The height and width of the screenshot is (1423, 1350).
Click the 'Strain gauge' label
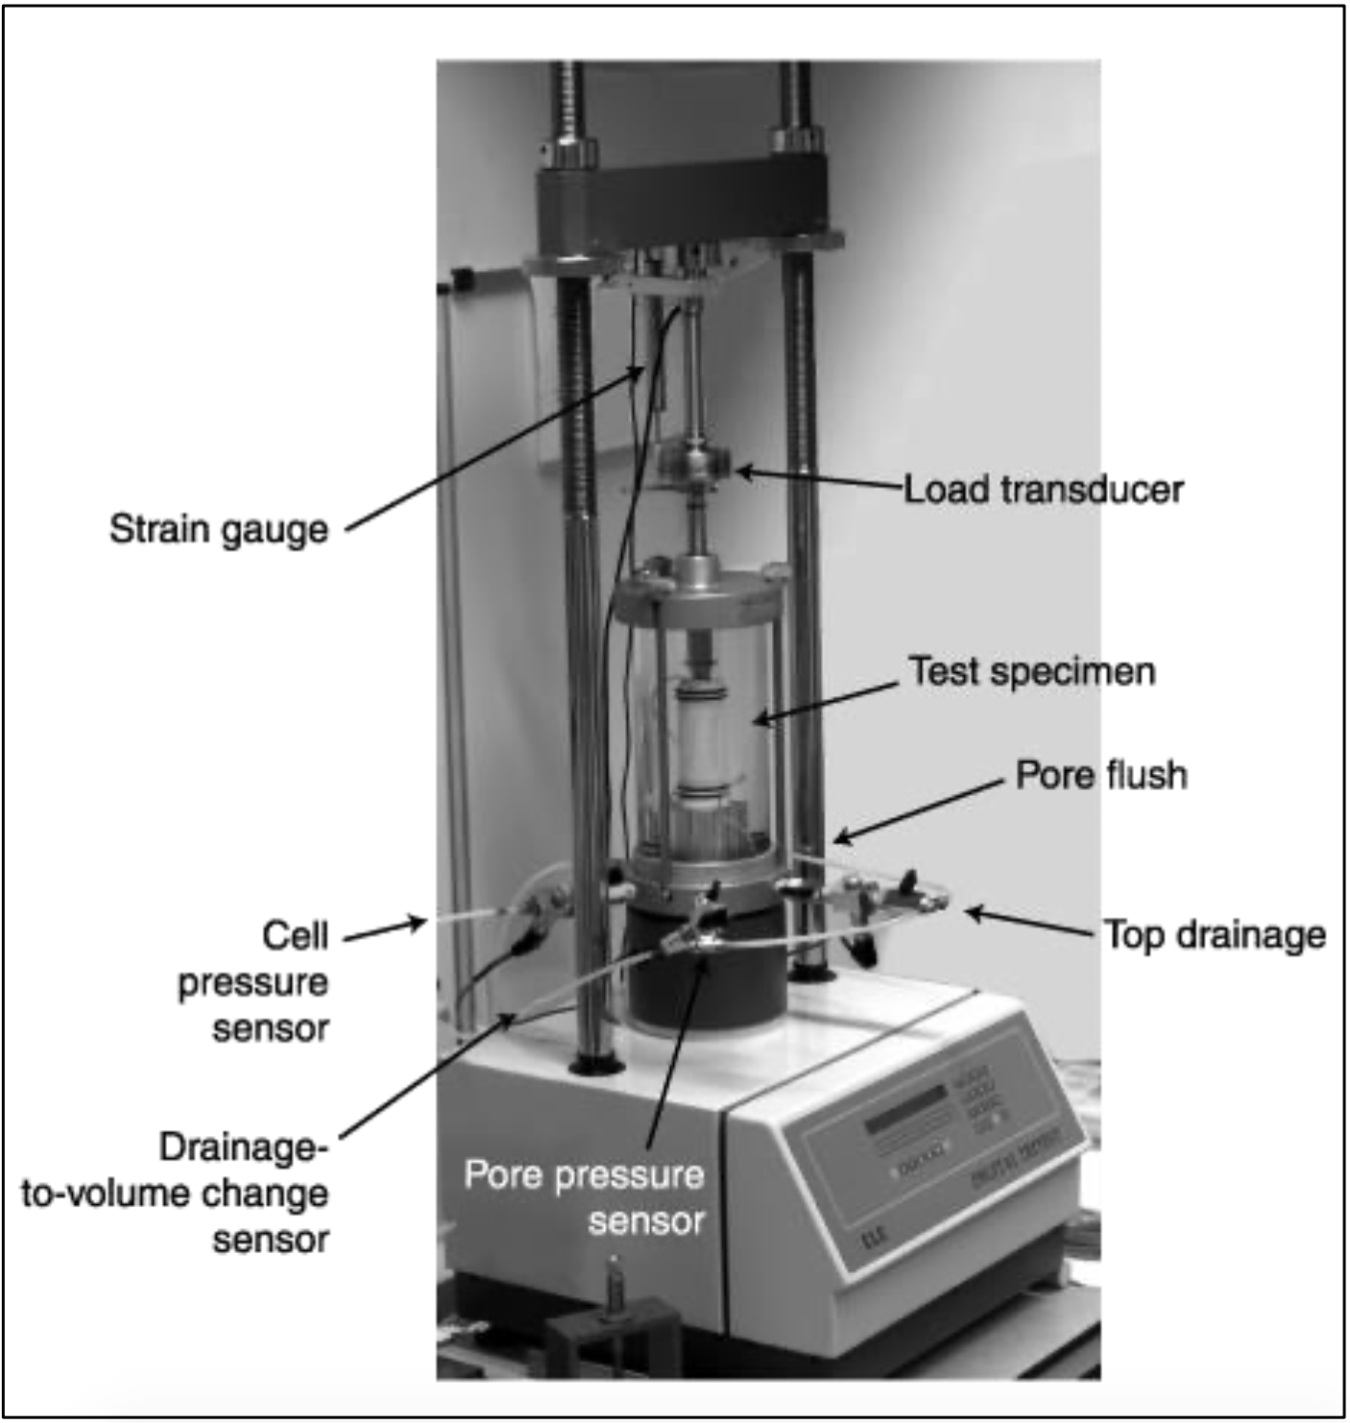coord(219,530)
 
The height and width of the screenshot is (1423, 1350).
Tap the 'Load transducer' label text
coord(1044,490)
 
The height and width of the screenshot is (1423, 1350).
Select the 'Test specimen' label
coord(1032,671)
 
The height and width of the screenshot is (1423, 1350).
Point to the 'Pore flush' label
coord(1101,775)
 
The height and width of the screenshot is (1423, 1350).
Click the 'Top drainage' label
coord(1215,934)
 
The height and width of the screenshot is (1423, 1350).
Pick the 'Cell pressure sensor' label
coord(254,981)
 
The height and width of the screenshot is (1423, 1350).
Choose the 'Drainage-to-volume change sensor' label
coord(177,1193)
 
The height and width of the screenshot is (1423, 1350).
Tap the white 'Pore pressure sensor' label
coord(585,1196)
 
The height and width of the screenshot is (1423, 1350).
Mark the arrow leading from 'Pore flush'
coord(917,811)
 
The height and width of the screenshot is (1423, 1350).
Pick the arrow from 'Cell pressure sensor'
coord(384,929)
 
